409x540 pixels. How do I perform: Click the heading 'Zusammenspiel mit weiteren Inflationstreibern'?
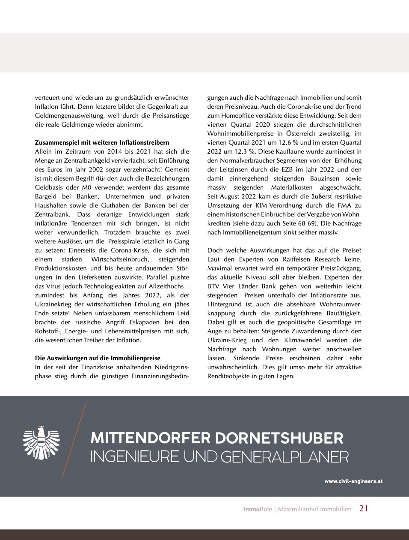(102, 142)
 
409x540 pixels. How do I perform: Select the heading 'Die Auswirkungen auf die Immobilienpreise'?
(98, 358)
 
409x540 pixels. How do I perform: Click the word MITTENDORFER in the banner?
(150, 438)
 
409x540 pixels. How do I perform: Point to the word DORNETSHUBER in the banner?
(279, 438)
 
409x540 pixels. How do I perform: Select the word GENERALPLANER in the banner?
(285, 457)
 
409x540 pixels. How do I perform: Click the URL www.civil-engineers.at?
(353, 481)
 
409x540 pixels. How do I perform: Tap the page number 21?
(364, 508)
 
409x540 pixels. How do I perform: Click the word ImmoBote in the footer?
(257, 509)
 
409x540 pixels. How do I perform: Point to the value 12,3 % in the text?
(231, 151)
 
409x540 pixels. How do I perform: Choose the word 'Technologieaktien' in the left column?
(108, 286)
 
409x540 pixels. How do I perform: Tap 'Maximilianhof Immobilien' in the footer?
(314, 509)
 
